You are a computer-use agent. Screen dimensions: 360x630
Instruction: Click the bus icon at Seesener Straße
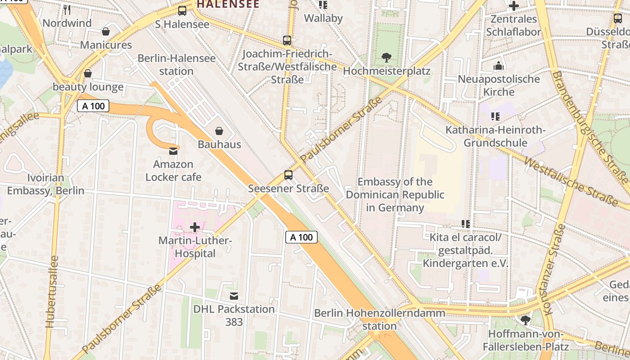(288, 175)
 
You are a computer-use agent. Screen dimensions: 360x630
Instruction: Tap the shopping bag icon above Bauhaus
(219, 131)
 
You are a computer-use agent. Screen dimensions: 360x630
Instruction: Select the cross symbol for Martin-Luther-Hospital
(194, 227)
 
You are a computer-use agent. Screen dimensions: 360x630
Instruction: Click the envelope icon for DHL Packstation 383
(234, 296)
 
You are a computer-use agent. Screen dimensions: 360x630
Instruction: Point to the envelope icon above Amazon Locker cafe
(173, 151)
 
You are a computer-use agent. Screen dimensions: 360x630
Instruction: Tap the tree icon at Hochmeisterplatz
(386, 58)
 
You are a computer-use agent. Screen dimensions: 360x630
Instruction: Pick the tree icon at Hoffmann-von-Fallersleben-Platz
(525, 320)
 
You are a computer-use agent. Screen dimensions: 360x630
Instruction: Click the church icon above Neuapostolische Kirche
(498, 66)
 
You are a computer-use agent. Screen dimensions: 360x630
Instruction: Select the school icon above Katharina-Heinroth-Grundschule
(495, 117)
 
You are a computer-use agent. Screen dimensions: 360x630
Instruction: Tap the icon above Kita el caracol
(466, 224)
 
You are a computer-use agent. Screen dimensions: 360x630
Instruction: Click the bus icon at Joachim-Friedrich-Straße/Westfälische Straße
(287, 40)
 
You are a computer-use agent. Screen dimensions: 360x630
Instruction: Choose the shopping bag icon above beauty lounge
(88, 73)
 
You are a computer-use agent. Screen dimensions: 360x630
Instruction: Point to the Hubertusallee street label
(52, 292)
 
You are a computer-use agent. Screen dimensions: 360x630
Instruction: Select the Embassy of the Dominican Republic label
(395, 195)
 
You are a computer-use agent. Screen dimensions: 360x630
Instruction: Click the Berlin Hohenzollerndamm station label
(380, 319)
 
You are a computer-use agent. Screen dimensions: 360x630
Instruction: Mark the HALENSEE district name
(228, 4)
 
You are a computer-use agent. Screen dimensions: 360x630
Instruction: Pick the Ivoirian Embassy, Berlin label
(45, 184)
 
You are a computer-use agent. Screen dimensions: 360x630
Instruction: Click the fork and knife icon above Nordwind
(67, 9)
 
